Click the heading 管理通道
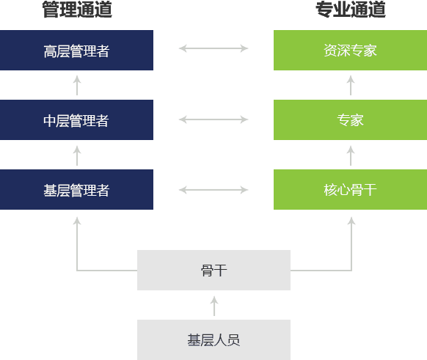coord(76,10)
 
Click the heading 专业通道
coord(350,10)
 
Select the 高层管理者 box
coord(76,51)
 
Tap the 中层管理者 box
coord(76,120)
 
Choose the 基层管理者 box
coord(76,190)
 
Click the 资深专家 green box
coord(350,51)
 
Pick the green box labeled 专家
coord(350,120)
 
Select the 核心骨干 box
coord(350,190)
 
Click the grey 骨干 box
coord(213,271)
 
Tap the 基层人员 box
coord(213,339)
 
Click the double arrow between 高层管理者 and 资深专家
coord(213,49)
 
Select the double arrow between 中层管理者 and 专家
coord(213,119)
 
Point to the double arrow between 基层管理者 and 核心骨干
coord(213,190)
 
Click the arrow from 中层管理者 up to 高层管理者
coord(77,85)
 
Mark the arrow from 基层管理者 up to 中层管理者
coord(77,155)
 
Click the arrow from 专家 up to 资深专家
coord(351,85)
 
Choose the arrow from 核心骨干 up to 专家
coord(351,155)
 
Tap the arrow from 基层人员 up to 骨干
coord(214,305)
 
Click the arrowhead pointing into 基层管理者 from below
coord(77,220)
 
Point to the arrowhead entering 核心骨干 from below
coord(351,220)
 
